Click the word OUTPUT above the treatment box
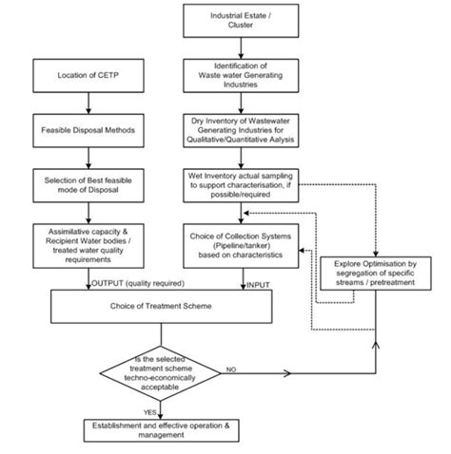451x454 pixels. point(108,282)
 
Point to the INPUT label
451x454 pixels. point(261,282)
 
